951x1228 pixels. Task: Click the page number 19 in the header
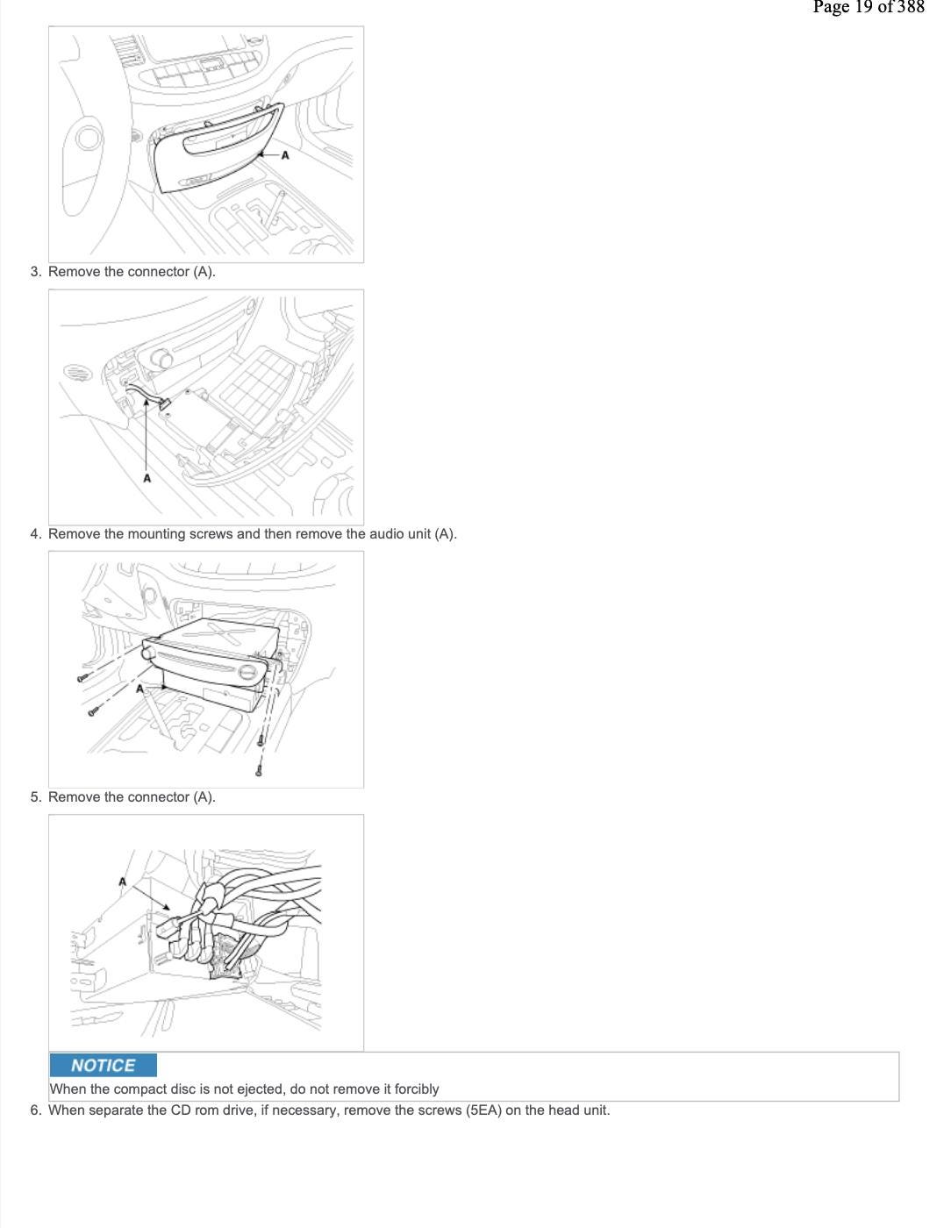(863, 7)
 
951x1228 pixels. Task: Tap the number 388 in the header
(910, 7)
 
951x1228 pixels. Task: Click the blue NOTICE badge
(103, 1065)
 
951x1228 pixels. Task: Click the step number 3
(35, 272)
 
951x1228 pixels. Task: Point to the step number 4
(35, 534)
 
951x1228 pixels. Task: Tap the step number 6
(35, 1110)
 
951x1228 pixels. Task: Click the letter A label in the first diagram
(285, 155)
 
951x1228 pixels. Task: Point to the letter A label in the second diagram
(147, 478)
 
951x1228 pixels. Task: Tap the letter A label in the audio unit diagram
(139, 689)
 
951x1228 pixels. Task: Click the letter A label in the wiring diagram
(123, 882)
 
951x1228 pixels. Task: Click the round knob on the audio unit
(150, 653)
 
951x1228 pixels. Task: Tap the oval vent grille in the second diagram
(77, 373)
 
